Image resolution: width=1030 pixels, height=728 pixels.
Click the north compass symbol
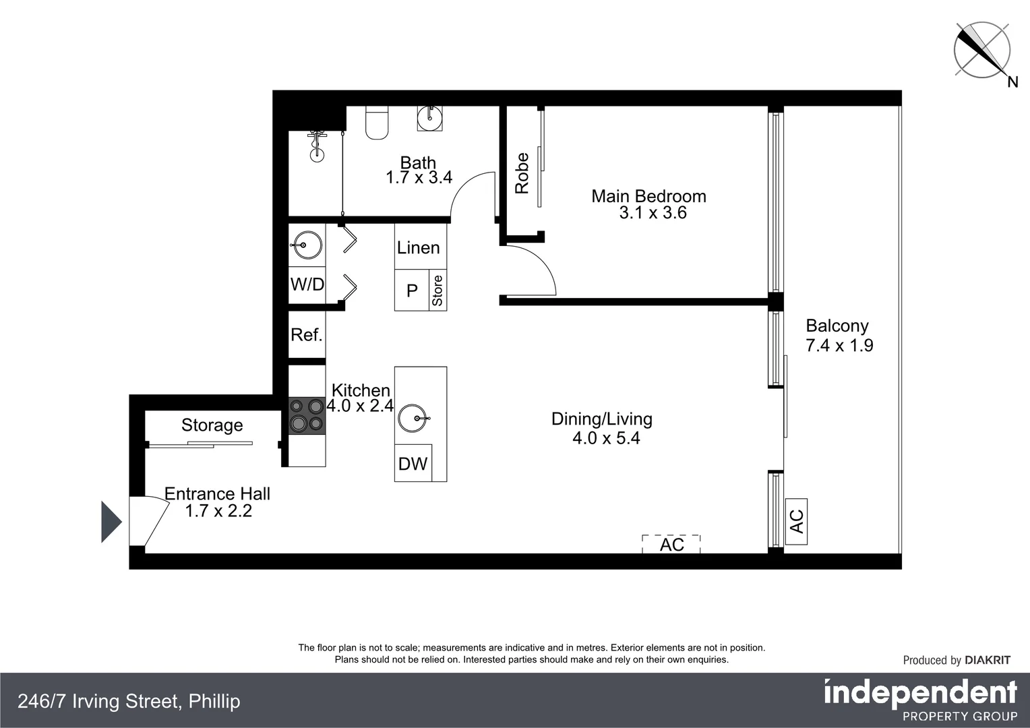point(982,51)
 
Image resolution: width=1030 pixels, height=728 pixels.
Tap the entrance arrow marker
point(111,522)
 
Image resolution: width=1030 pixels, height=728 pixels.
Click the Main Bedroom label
point(648,196)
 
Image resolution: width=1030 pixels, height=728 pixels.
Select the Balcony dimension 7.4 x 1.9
point(839,346)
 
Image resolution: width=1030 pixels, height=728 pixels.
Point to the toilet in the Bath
point(377,123)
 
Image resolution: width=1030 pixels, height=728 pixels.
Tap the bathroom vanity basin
point(429,116)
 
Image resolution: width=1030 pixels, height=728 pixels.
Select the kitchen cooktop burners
point(307,415)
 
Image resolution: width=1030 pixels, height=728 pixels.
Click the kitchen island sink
point(412,418)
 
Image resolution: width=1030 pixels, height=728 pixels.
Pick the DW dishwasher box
point(413,464)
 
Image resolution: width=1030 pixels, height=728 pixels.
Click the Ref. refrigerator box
point(307,334)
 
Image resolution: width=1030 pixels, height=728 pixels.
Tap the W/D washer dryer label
point(307,284)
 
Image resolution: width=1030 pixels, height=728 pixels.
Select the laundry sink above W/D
point(307,245)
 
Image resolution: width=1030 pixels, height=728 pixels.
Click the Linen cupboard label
point(418,248)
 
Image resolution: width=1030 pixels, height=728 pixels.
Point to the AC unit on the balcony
point(796,521)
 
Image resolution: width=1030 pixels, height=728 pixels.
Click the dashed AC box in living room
point(671,544)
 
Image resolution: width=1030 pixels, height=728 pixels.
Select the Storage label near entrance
point(212,425)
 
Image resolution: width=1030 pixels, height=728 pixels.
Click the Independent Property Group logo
point(920,700)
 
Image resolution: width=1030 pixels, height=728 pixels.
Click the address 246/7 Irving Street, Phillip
point(129,701)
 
